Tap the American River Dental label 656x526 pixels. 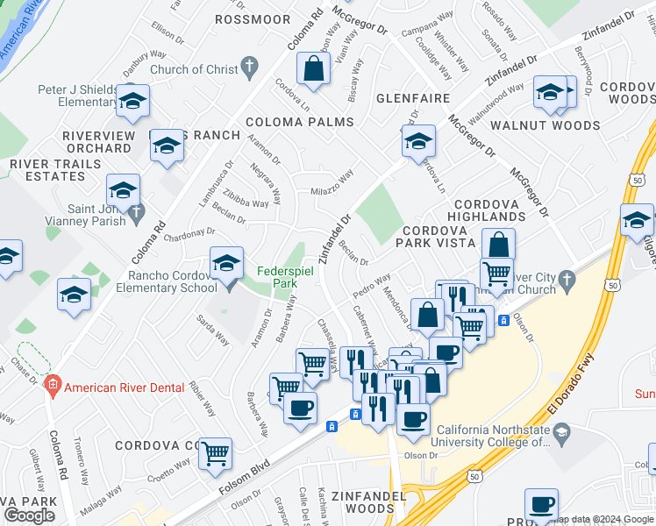pyautogui.click(x=125, y=387)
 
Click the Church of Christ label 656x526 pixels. pyautogui.click(x=193, y=69)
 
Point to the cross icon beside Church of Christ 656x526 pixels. pyautogui.click(x=249, y=65)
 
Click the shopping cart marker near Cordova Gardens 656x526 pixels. pyautogui.click(x=215, y=453)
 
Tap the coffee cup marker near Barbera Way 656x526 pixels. pyautogui.click(x=300, y=407)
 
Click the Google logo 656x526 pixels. pyautogui.click(x=29, y=515)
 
